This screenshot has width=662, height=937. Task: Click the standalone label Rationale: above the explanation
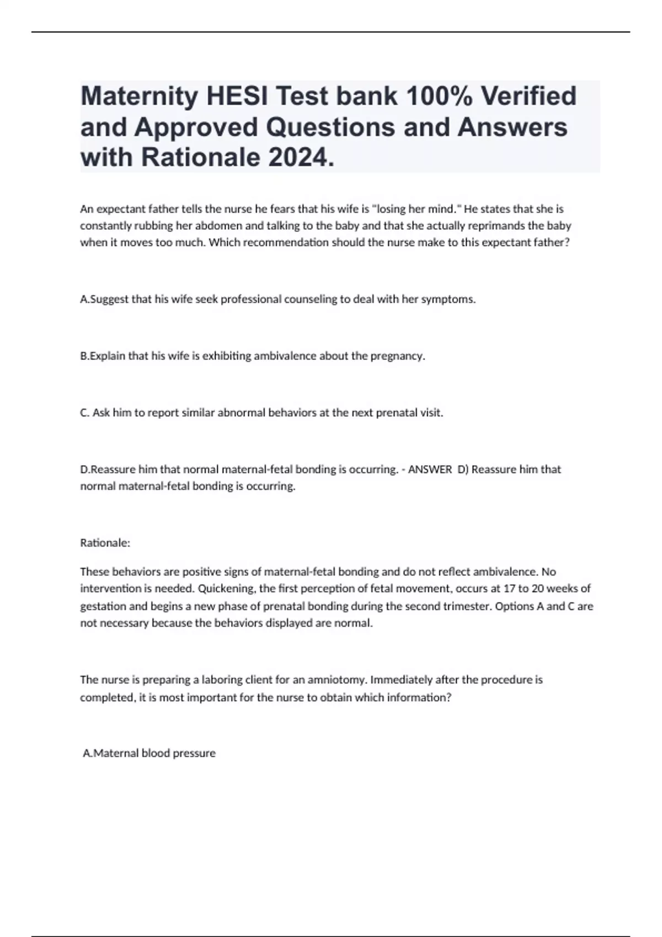[105, 543]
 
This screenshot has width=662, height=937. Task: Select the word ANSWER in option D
[430, 470]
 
